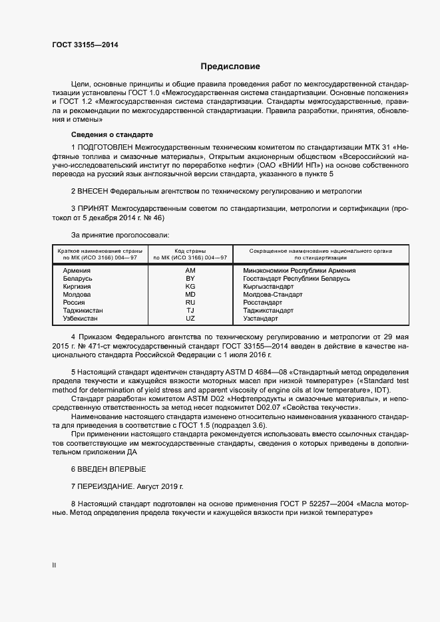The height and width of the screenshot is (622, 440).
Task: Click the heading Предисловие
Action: coord(231,67)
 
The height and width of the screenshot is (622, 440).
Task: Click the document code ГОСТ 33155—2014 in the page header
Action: coord(86,45)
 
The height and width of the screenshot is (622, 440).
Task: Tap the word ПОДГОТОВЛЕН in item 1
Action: coord(105,146)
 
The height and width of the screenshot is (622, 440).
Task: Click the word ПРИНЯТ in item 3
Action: coord(93,208)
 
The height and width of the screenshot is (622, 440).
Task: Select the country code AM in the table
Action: coord(190,271)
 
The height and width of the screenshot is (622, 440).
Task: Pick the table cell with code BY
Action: coord(190,279)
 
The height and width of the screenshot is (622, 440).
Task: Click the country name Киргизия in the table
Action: coord(77,287)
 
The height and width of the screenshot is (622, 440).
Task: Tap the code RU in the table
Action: coord(190,303)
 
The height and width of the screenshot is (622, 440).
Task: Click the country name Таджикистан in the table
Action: coord(83,311)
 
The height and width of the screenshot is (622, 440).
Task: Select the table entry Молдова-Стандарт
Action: coord(273,295)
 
